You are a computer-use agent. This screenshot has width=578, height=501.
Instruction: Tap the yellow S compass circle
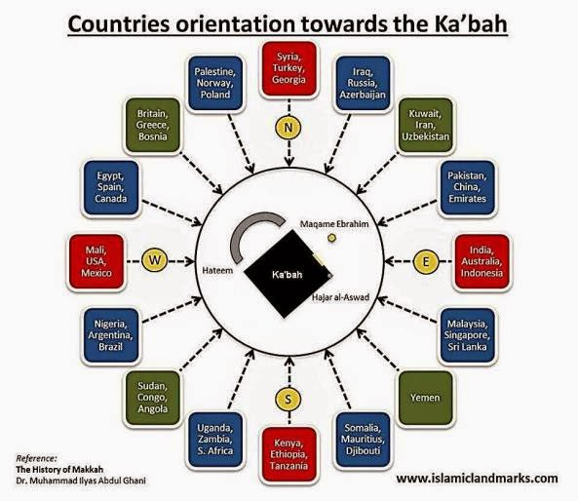[288, 398]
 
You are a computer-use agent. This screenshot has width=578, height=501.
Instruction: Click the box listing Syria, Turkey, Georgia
[289, 70]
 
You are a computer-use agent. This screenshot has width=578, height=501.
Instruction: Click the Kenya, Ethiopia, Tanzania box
[288, 453]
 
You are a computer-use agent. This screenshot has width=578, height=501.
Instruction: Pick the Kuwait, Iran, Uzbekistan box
[427, 129]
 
